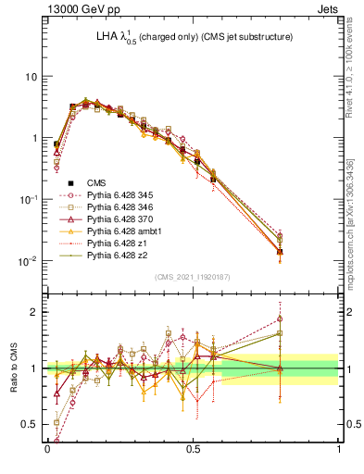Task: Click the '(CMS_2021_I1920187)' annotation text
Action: [x=192, y=275]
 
